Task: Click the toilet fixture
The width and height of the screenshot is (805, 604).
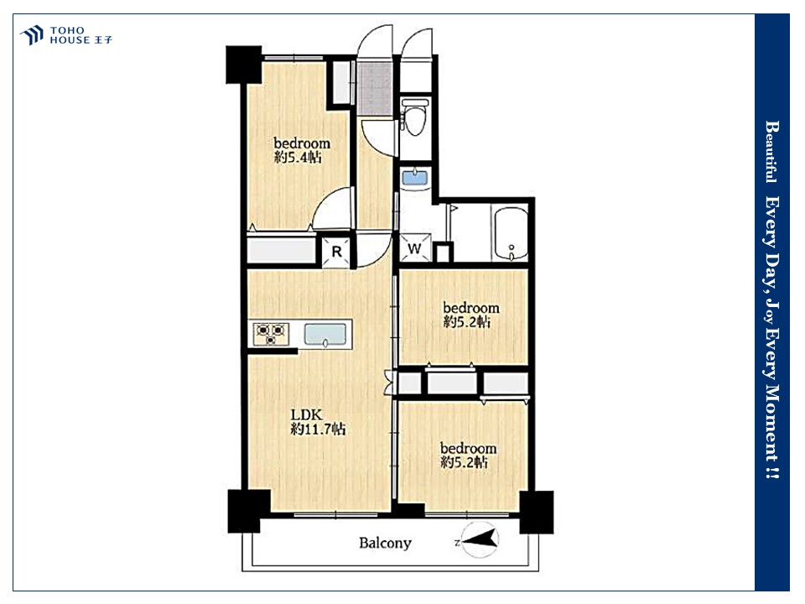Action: click(415, 117)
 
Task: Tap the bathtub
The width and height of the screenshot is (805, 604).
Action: click(511, 234)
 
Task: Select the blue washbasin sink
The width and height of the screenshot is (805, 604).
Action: click(415, 178)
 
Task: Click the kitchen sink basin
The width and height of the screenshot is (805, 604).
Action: click(325, 335)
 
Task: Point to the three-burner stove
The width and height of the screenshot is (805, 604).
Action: click(271, 333)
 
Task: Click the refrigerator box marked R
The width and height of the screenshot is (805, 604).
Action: click(336, 251)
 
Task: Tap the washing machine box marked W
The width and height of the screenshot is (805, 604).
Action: click(415, 248)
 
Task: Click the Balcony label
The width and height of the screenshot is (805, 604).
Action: click(385, 543)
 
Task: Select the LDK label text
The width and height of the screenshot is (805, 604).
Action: click(307, 414)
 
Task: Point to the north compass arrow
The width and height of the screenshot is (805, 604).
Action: click(480, 539)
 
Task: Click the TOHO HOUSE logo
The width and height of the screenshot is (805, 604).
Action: click(65, 35)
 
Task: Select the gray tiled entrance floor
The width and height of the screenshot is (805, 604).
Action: click(375, 88)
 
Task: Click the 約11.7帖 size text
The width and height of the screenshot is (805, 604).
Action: click(319, 429)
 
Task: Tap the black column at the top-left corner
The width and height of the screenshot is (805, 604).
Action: click(244, 65)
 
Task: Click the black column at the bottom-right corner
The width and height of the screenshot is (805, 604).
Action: click(537, 512)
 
